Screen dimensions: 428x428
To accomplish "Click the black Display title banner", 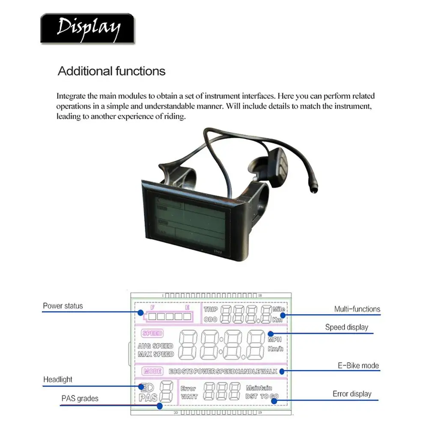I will [87, 28].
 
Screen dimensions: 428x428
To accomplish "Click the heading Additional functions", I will [112, 71].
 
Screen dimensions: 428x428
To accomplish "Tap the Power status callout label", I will [63, 306].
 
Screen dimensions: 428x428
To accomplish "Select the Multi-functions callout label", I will [357, 309].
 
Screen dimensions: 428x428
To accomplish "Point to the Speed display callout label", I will [347, 327].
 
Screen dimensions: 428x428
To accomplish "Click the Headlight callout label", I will [58, 380].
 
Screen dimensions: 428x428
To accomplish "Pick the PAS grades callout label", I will [80, 399].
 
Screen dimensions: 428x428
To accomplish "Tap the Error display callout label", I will [352, 394].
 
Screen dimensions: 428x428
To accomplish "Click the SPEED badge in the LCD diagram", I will [152, 334].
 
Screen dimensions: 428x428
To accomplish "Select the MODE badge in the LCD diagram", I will [152, 372].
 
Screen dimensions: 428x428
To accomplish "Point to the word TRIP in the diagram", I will [211, 309].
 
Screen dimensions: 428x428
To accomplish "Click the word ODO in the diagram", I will [211, 319].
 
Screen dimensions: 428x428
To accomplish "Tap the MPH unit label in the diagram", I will [274, 340].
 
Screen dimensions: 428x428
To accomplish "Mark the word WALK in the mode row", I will [269, 372].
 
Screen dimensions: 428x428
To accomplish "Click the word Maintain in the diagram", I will [259, 388].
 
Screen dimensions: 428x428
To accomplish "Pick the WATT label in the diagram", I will [189, 397].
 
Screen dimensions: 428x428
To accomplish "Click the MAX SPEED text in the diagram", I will [156, 354].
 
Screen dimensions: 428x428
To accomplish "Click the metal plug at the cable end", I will [315, 187].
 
